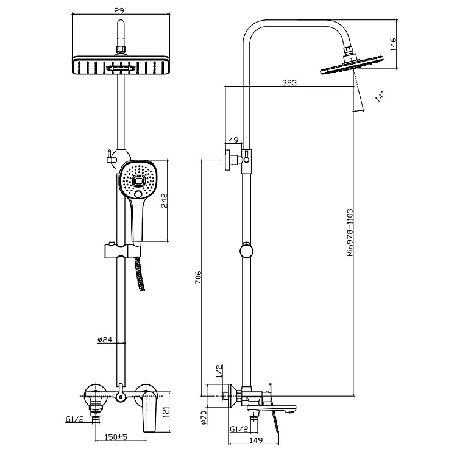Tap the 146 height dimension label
(x=393, y=43)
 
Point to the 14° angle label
(x=379, y=96)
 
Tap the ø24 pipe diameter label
(x=105, y=340)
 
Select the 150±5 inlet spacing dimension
(x=115, y=437)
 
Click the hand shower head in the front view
(x=136, y=180)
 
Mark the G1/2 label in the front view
(x=75, y=419)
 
